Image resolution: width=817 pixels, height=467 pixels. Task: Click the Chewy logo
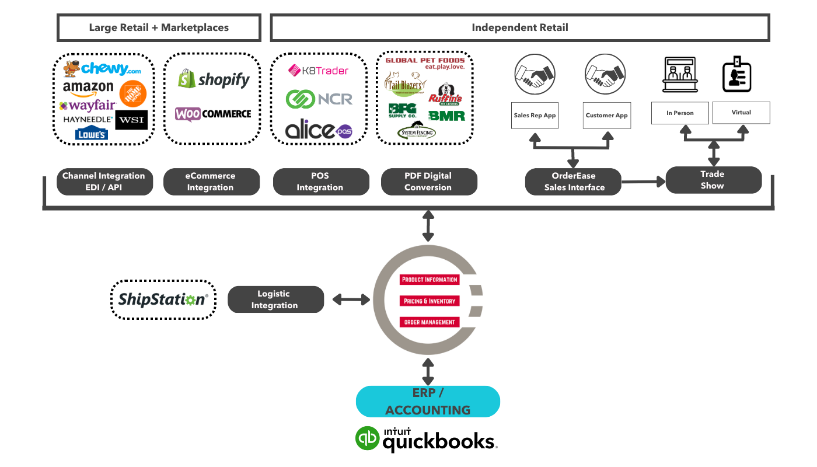tap(103, 69)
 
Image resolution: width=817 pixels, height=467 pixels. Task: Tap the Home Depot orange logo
tap(132, 93)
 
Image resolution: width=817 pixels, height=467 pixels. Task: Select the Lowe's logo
tap(92, 134)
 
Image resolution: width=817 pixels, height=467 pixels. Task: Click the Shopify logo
tap(214, 79)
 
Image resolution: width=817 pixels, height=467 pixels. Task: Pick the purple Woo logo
tap(188, 114)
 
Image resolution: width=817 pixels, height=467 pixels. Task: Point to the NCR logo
tap(319, 99)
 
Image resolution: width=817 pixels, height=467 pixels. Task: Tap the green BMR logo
tap(446, 115)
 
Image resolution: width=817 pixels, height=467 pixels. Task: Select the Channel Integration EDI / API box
tap(104, 182)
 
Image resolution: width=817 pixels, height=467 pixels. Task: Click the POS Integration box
tap(321, 182)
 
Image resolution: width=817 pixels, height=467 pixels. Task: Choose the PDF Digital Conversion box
tap(429, 182)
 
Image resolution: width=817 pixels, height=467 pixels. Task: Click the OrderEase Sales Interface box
tap(573, 182)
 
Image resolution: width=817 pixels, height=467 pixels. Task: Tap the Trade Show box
tap(713, 180)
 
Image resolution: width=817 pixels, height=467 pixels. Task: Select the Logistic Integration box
tap(275, 299)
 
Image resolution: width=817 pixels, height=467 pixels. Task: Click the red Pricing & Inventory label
tap(430, 301)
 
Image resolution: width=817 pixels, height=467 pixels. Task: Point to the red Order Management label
tap(430, 322)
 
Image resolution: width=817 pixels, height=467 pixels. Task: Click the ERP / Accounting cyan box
tap(428, 402)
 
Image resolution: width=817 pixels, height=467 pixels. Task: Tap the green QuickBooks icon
tap(368, 438)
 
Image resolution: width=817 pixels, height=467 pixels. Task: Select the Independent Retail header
tap(519, 27)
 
